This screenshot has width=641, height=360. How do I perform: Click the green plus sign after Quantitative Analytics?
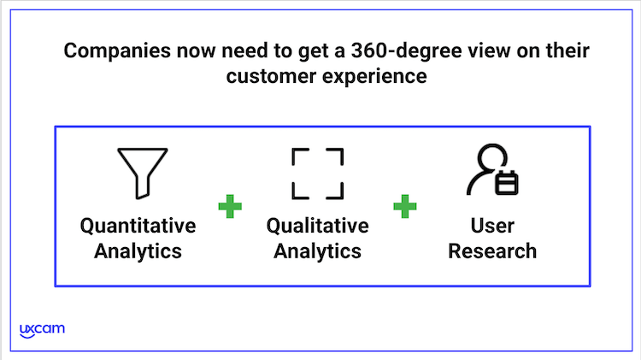[230, 206]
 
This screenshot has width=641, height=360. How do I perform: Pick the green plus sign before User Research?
[405, 206]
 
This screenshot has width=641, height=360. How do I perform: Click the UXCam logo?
[42, 331]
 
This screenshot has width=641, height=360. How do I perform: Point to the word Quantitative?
[138, 226]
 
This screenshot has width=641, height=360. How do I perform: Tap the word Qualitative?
[318, 226]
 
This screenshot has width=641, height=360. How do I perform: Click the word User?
[492, 226]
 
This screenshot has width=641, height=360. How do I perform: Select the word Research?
[492, 251]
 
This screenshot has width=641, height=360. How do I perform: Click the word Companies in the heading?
[117, 51]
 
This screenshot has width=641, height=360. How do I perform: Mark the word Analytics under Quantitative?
[138, 251]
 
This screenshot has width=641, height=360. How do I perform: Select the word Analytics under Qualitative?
[318, 251]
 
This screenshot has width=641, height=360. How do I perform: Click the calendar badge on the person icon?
[507, 183]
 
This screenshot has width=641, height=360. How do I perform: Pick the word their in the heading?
[567, 50]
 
